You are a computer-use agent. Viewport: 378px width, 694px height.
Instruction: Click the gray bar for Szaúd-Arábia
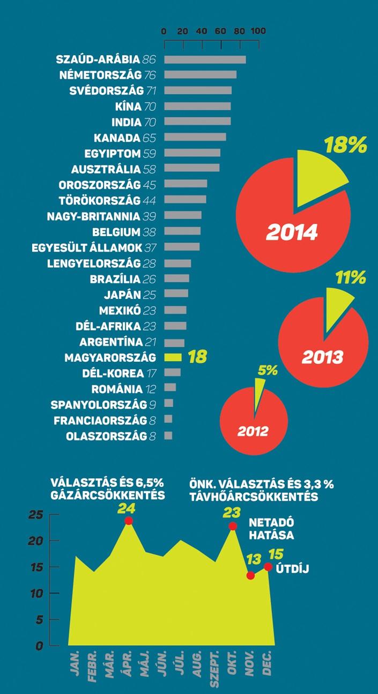click(205, 60)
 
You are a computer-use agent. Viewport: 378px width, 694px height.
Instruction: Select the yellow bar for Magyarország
click(173, 357)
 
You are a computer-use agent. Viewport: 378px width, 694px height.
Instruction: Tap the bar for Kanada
click(195, 137)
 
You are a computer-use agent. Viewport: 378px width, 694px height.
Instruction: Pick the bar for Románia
click(170, 388)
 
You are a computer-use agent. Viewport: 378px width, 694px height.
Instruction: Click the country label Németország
click(100, 75)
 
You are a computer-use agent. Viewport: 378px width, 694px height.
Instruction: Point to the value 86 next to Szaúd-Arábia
click(149, 60)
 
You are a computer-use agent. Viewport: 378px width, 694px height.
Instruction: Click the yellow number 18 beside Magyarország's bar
click(197, 357)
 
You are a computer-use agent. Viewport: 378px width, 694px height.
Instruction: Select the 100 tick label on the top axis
click(258, 31)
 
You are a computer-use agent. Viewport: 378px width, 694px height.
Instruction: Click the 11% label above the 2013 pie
click(351, 277)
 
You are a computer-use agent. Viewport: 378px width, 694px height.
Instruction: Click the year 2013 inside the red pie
click(322, 357)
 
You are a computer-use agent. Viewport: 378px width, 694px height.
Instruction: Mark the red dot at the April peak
click(129, 521)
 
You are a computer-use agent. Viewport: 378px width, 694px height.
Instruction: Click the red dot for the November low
click(251, 575)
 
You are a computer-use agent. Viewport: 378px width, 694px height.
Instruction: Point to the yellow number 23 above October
click(232, 513)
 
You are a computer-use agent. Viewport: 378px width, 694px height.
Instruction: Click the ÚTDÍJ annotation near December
click(292, 569)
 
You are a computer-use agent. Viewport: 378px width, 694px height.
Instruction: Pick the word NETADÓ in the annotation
click(271, 523)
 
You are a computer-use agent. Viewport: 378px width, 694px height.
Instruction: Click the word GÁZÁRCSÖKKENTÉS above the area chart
click(107, 495)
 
